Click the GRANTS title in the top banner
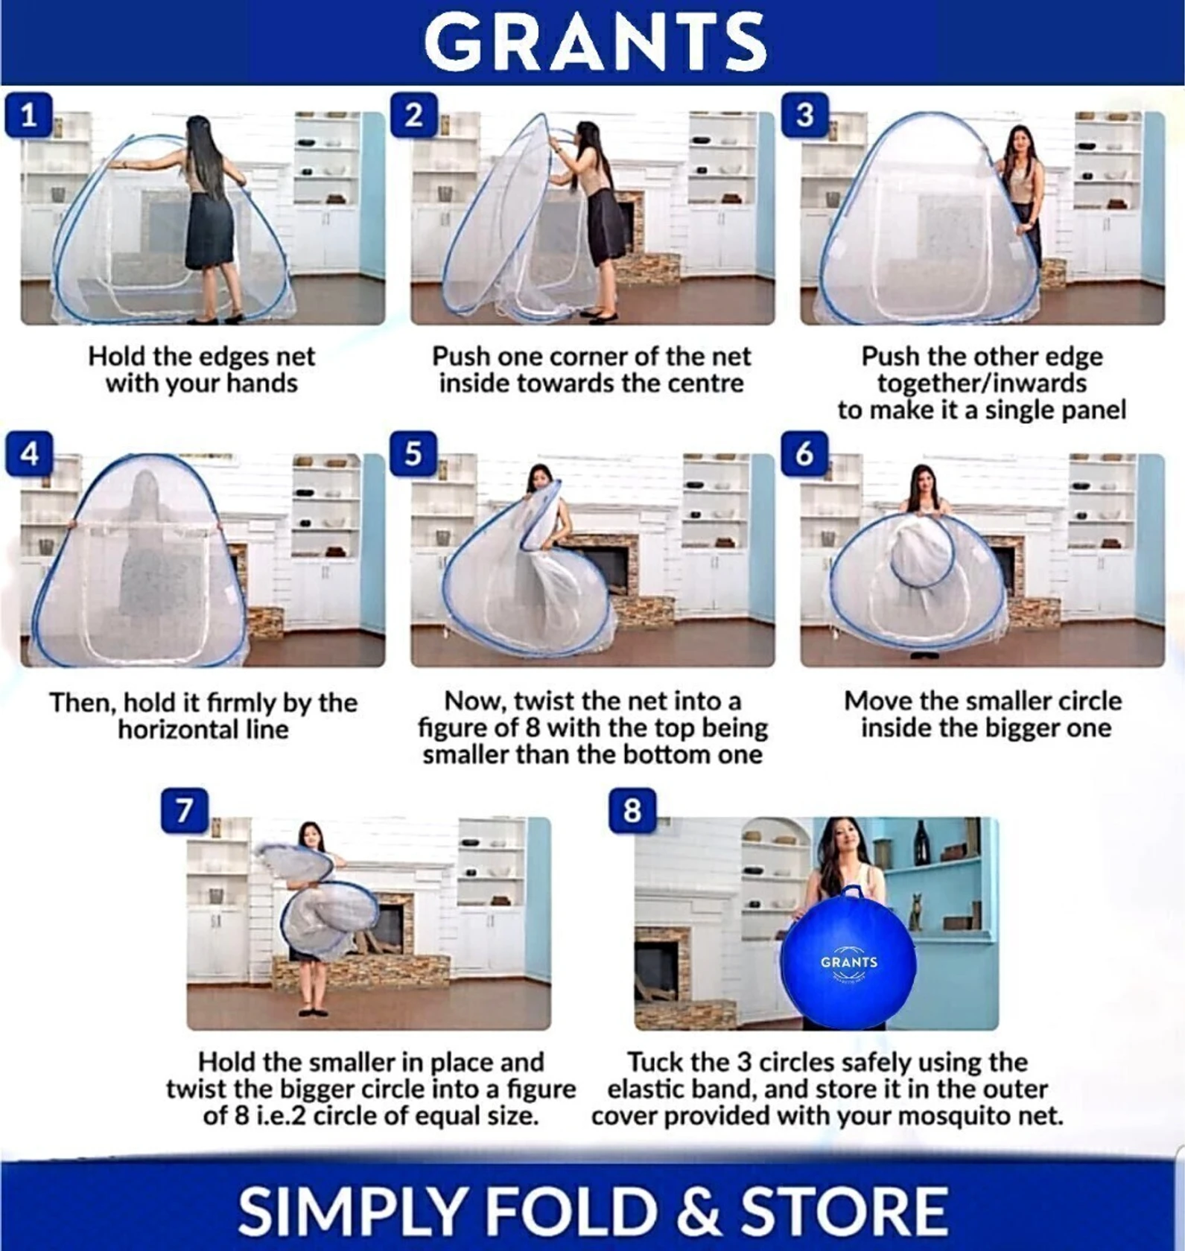pyautogui.click(x=595, y=42)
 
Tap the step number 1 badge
pyautogui.click(x=28, y=115)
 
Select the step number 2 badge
pyautogui.click(x=413, y=115)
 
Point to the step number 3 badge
pyautogui.click(x=804, y=115)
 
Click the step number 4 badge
pyautogui.click(x=28, y=453)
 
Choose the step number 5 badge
pyautogui.click(x=413, y=453)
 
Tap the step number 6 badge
pyautogui.click(x=804, y=453)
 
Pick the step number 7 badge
pyautogui.click(x=184, y=810)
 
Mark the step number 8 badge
pyautogui.click(x=632, y=810)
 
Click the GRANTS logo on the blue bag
pyautogui.click(x=849, y=962)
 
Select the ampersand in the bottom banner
pyautogui.click(x=699, y=1210)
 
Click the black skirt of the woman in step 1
pyautogui.click(x=210, y=229)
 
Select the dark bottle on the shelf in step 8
pyautogui.click(x=921, y=841)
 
